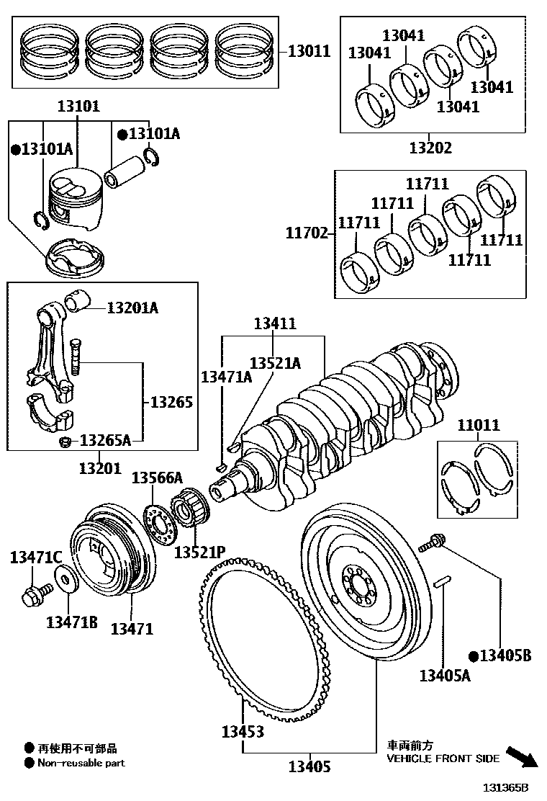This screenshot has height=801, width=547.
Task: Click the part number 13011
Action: tap(309, 51)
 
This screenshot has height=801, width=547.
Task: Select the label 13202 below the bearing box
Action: tap(430, 148)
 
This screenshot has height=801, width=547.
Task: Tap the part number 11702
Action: tap(307, 233)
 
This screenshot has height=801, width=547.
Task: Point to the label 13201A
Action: tap(132, 308)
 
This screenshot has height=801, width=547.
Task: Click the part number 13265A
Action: tap(105, 440)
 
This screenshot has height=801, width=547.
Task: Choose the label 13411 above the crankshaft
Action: tap(274, 325)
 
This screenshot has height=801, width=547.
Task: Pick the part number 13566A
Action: tap(157, 478)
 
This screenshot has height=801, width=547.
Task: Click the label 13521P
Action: tap(199, 552)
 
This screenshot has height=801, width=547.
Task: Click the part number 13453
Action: tap(242, 732)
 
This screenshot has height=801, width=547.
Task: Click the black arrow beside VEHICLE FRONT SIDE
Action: tap(522, 757)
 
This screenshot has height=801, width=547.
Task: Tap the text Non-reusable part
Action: tap(81, 763)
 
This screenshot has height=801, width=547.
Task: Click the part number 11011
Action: tap(478, 425)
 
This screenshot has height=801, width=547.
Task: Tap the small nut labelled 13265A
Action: tap(64, 442)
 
